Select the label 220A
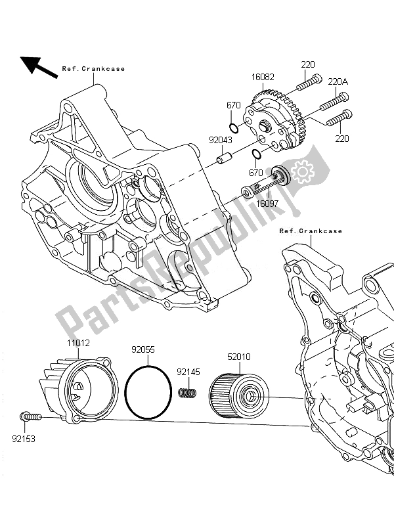click(x=338, y=82)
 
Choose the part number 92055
click(x=142, y=351)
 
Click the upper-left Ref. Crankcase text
click(x=93, y=68)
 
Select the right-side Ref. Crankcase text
click(x=311, y=231)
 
